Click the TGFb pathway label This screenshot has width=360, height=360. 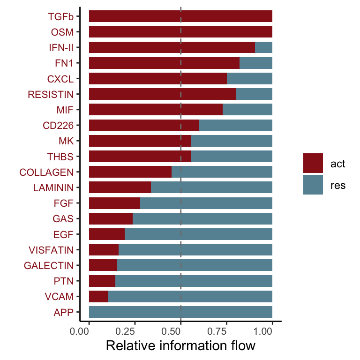tap(60, 16)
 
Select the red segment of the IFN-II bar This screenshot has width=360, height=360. tap(172, 47)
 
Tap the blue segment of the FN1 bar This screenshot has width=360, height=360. tap(256, 63)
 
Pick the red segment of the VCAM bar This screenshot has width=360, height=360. tap(98, 297)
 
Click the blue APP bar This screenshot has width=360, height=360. tap(180, 312)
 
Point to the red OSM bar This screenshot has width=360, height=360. tap(180, 32)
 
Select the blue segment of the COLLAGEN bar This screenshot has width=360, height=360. tap(222, 172)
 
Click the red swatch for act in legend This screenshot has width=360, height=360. tap(313, 163)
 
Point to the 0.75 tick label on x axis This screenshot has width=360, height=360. tap(226, 331)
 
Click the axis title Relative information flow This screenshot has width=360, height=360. tap(180, 346)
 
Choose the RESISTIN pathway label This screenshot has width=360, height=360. tap(51, 94)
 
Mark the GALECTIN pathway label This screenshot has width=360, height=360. tap(49, 266)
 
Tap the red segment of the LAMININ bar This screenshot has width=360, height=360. tap(120, 187)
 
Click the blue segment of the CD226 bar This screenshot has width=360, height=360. tap(236, 125)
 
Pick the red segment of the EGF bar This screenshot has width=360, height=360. tap(106, 234)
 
